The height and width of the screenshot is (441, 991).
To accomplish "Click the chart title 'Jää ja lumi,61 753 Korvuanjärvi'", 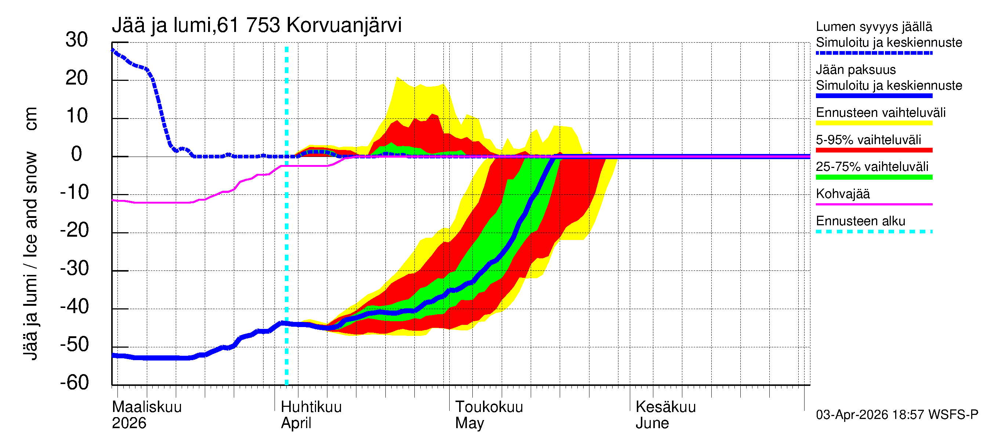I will (x=257, y=25).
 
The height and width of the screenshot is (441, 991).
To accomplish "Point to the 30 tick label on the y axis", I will (x=77, y=40).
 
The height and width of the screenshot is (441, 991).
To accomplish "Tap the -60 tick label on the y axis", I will (x=74, y=383).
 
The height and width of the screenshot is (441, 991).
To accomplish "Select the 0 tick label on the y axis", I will (x=77, y=154).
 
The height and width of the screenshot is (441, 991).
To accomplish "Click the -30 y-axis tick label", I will (x=74, y=268).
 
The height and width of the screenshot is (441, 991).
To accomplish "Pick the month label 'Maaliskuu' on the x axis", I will (x=146, y=407).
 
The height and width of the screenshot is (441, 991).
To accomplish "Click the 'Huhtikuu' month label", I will (x=311, y=407).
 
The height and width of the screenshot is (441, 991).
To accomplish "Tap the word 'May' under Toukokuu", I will (x=469, y=423).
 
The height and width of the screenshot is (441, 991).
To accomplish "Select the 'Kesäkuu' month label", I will (x=665, y=407).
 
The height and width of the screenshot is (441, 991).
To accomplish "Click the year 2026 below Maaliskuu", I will (x=129, y=423).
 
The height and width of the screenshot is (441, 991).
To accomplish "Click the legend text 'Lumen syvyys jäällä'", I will (x=874, y=26).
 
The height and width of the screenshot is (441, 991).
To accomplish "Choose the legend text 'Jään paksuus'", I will (x=856, y=70).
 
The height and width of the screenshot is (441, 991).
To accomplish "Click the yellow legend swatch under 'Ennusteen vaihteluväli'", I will (x=874, y=123).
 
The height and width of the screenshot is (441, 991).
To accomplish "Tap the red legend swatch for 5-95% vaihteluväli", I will (x=874, y=150).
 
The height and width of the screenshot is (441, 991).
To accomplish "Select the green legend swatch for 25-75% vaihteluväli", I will (x=874, y=177).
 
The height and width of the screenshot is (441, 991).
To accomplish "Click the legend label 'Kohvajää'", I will (x=843, y=194).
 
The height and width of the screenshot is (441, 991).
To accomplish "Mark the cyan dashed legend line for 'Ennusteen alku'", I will (x=874, y=232).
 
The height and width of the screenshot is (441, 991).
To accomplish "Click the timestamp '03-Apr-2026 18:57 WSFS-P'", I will (x=897, y=415).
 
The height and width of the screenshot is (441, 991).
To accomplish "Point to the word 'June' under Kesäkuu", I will (x=652, y=423).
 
